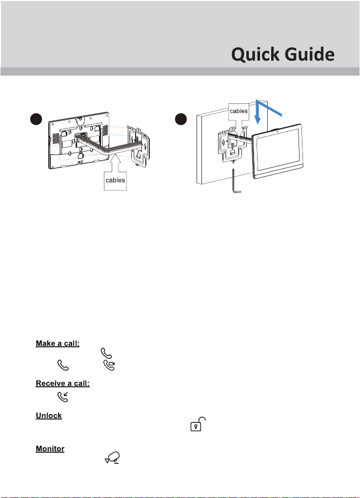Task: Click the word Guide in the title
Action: [309, 54]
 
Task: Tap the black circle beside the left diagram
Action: [36, 119]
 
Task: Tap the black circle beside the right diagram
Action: [181, 119]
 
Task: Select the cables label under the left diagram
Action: [115, 180]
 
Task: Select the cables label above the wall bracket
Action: [239, 111]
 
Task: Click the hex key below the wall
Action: [236, 181]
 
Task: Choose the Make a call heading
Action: [58, 343]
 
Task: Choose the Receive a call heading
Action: [62, 383]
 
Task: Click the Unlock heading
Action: [49, 416]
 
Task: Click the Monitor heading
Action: [50, 448]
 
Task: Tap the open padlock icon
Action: [198, 424]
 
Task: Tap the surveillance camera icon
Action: [113, 458]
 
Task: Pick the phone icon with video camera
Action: [109, 365]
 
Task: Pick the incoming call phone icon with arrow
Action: [63, 397]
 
